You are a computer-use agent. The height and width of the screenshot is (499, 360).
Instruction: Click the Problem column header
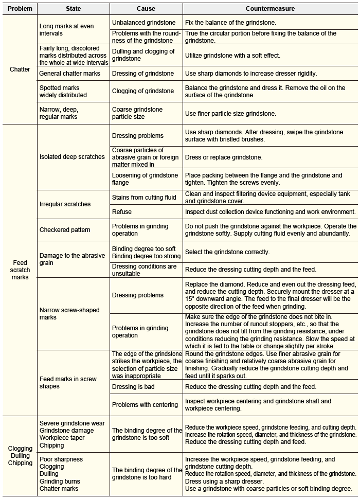click(20, 9)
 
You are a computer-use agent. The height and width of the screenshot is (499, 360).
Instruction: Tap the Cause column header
click(146, 9)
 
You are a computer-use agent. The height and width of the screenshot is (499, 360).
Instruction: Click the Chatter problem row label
click(20, 69)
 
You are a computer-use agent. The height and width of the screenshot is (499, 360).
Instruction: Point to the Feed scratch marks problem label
click(20, 270)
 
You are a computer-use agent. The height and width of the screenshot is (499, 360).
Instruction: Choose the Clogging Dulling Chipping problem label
click(20, 455)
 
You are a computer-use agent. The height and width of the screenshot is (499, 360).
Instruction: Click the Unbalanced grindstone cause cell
click(143, 23)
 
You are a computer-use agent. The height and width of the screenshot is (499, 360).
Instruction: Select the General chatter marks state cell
click(70, 74)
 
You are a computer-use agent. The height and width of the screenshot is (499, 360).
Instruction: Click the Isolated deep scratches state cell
click(72, 157)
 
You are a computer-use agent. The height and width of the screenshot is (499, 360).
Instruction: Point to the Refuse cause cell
click(122, 211)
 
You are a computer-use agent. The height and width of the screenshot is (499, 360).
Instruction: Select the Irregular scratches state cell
click(65, 204)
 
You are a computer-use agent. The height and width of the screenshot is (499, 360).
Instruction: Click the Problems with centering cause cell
click(145, 405)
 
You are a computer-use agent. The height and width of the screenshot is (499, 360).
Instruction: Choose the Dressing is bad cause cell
click(132, 387)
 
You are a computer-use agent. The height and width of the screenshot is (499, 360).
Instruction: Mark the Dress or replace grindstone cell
click(224, 157)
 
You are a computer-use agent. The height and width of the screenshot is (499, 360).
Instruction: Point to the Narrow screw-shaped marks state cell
click(69, 314)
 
